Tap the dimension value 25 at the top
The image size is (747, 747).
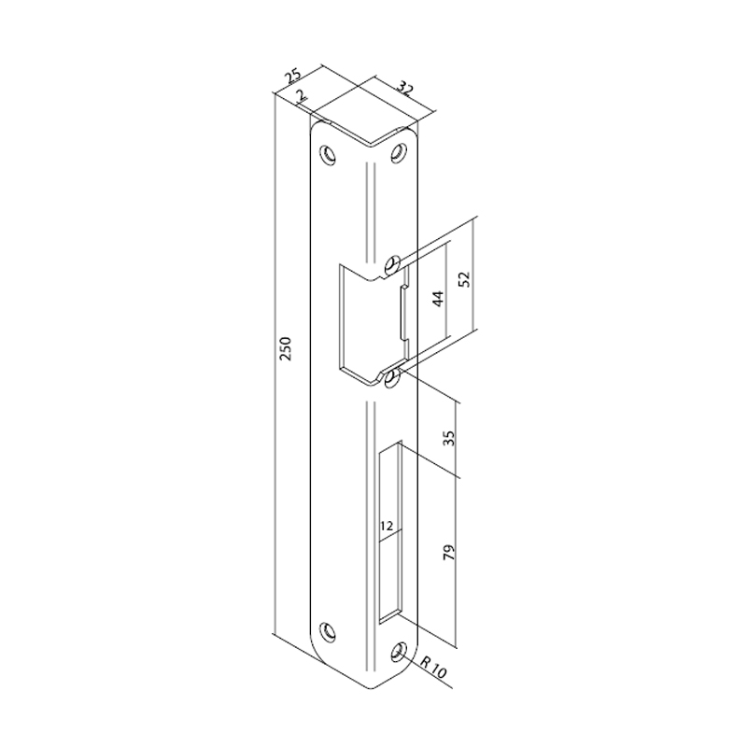point(293,78)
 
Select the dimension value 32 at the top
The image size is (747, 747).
point(405,88)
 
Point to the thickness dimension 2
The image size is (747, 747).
point(301,96)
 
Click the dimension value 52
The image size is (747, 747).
point(465,278)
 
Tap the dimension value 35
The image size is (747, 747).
point(449,438)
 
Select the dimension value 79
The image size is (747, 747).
point(449,551)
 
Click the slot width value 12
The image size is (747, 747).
point(387,526)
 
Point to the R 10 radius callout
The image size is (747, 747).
point(434,667)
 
